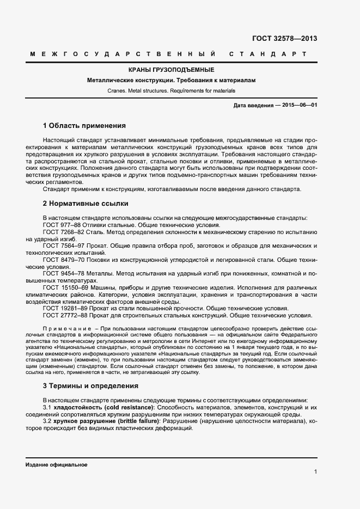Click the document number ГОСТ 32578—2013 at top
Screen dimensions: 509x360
[x=284, y=39]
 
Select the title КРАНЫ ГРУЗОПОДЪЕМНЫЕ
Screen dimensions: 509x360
[x=171, y=70]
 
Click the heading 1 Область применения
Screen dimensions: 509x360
[x=84, y=125]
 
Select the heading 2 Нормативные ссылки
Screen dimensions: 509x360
[x=86, y=204]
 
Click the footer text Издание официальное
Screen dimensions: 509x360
[x=56, y=465]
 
